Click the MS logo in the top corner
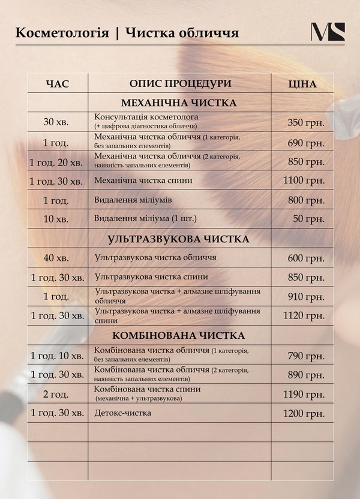click(x=328, y=32)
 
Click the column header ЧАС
click(x=58, y=84)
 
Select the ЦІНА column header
click(x=302, y=84)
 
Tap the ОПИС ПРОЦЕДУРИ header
click(x=180, y=83)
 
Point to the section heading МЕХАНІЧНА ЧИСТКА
click(x=179, y=103)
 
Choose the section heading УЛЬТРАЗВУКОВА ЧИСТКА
click(x=178, y=239)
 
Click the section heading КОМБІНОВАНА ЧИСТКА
click(x=178, y=335)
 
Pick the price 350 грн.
click(x=306, y=122)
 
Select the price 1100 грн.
click(x=304, y=181)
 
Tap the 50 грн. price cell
click(x=308, y=219)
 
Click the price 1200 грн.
click(x=304, y=413)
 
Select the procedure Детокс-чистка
click(x=123, y=413)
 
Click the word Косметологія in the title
click(x=62, y=32)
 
